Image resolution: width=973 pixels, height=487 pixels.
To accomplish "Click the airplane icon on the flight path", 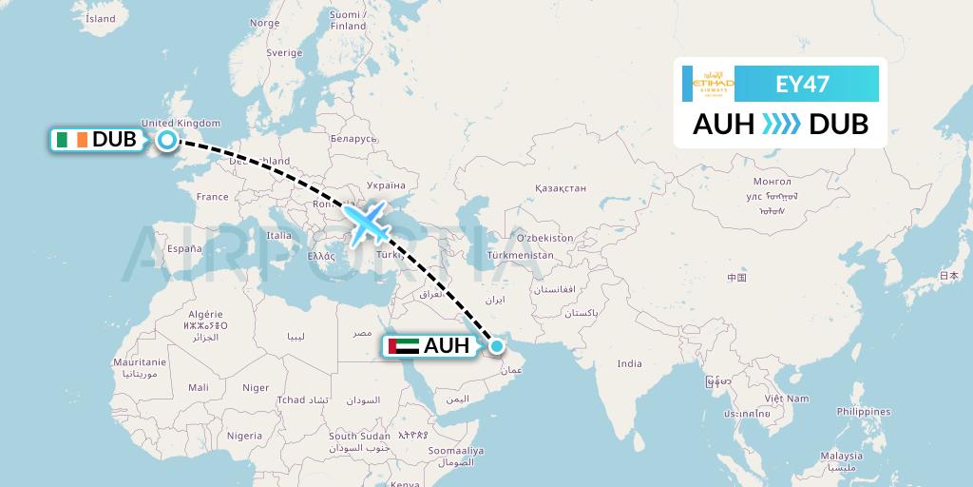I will pos(367,222).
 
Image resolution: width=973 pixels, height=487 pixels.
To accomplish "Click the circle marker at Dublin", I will pos(167,141).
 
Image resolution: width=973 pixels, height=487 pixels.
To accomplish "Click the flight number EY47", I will pos(803,84).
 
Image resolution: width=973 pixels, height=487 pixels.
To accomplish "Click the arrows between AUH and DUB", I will pos(782,125).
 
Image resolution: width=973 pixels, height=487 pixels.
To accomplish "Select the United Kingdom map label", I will pos(181,123).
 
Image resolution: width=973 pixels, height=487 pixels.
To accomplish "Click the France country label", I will pos(212,197).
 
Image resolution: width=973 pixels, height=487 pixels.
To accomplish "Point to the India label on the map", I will pos(629,363).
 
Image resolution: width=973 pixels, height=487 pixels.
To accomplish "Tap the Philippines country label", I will pos(864,412).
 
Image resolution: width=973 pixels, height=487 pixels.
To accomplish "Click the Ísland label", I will pos(100,18).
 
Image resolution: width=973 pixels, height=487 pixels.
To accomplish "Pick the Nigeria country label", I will pos(244,435).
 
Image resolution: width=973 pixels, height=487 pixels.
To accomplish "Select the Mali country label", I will pos(199,387).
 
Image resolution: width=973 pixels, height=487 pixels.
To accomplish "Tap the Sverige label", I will pos(283,53).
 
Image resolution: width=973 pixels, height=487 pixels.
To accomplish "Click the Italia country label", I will pos(279,235).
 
